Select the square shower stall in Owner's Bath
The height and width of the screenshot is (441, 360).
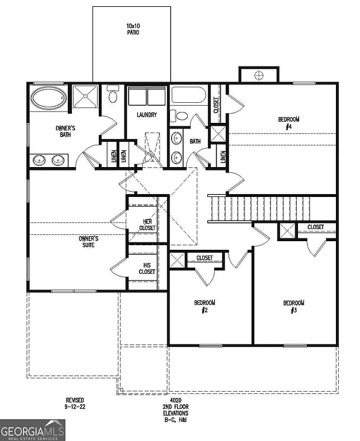tap(85, 96)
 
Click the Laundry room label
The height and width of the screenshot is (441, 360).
tap(147, 115)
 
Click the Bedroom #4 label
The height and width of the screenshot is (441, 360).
tap(289, 122)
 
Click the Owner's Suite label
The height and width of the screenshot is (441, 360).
tap(88, 241)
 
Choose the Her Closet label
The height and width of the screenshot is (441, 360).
tap(147, 225)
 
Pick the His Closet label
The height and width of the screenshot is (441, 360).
tap(147, 268)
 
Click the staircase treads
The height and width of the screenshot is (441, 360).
tap(258, 208)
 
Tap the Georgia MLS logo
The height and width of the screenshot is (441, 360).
tap(33, 430)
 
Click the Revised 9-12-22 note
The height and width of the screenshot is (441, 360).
tap(75, 403)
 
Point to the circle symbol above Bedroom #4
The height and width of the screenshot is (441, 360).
tap(259, 75)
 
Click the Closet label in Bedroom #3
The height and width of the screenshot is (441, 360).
tap(315, 227)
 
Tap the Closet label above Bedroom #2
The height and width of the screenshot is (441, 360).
tap(204, 258)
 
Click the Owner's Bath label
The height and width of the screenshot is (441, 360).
tap(65, 131)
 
